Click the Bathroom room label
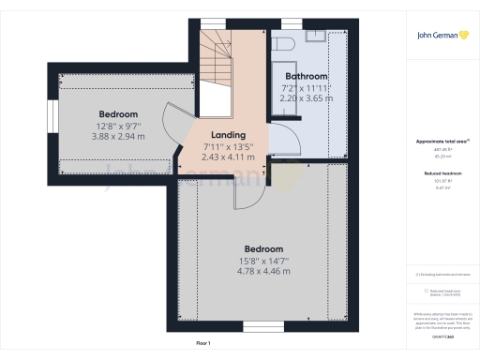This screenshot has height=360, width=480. [x=306, y=76]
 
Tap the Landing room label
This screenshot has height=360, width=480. [x=229, y=135]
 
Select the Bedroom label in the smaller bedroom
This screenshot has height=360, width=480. [x=118, y=113]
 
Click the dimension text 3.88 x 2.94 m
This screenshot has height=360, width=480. [x=118, y=136]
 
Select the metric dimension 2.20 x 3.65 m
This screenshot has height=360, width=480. [x=306, y=97]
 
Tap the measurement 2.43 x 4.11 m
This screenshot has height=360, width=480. [x=229, y=157]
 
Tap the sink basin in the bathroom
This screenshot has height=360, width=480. [x=315, y=40]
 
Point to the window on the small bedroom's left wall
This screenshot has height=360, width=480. [x=52, y=116]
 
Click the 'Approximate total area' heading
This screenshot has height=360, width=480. [x=442, y=142]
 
